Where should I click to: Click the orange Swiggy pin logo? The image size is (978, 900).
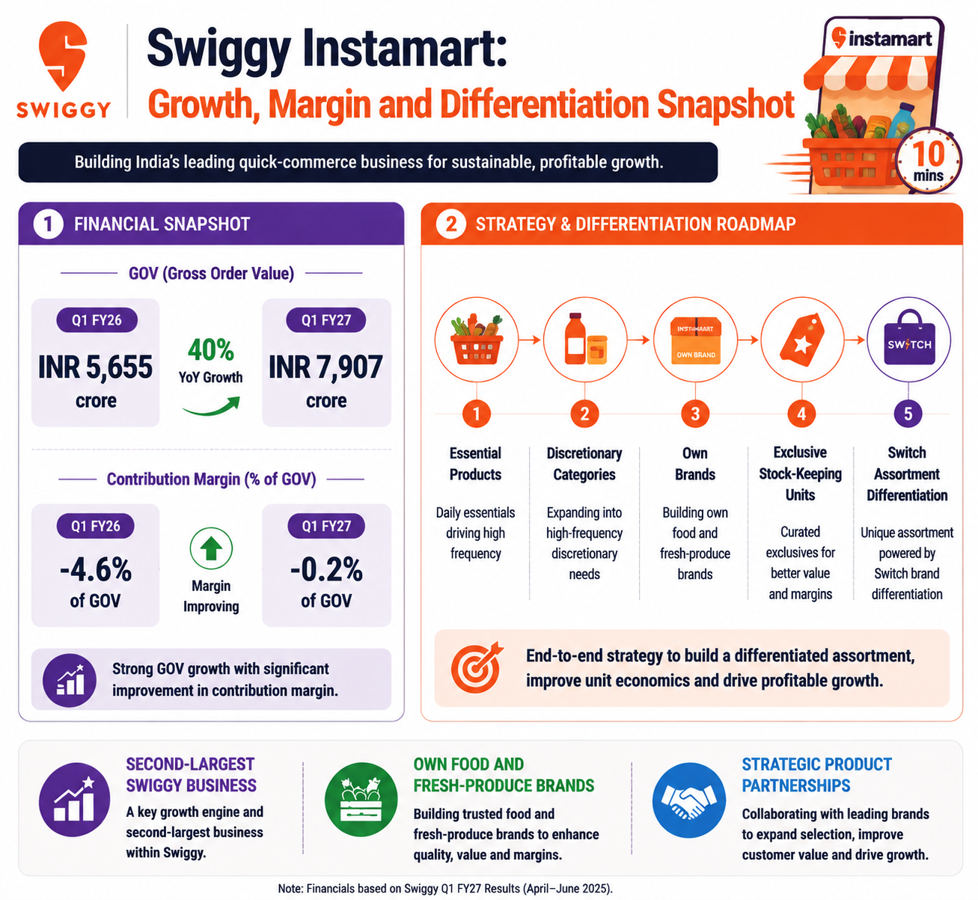coord(62,55)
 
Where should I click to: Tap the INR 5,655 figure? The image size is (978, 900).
coord(96,367)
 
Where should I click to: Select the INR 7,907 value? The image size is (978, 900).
coord(326,367)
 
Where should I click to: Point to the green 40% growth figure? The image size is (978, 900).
coord(210,349)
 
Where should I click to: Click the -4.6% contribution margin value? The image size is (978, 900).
coord(96,569)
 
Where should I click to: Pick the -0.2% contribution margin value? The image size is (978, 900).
coord(326,569)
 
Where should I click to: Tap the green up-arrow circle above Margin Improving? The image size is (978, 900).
coord(211,548)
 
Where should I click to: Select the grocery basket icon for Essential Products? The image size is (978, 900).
coord(477,340)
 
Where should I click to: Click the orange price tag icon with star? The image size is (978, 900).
coord(802,340)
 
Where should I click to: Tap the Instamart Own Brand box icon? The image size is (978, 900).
coord(696,340)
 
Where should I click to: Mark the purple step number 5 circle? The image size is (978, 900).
coord(908,414)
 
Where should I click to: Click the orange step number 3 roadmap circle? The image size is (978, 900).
coord(695,414)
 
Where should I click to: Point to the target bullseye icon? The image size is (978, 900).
coord(477,667)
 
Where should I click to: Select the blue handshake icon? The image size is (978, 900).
coord(689,800)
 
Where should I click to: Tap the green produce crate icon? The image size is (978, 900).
coord(361,800)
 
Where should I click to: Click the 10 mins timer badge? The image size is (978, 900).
coord(929,161)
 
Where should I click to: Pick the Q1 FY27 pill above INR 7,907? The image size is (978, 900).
coord(326,320)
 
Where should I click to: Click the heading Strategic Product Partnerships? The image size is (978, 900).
coord(816,775)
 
